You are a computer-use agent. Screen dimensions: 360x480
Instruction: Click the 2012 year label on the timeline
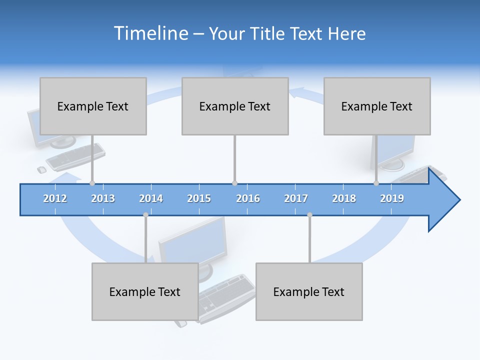click(x=55, y=199)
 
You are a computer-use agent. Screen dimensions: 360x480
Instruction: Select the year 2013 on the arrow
click(x=103, y=199)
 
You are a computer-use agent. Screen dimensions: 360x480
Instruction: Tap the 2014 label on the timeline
click(x=151, y=199)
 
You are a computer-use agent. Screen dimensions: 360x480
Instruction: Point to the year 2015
click(x=199, y=199)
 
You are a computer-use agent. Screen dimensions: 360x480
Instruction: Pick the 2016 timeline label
click(x=248, y=199)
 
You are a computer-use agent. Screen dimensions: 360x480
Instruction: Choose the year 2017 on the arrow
click(x=296, y=199)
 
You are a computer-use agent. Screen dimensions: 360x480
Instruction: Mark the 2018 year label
click(x=344, y=199)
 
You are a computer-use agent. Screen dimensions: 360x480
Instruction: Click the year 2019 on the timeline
click(x=392, y=199)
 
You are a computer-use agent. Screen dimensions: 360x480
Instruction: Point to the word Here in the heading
click(x=346, y=33)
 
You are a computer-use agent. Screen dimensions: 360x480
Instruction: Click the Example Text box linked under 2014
click(x=145, y=291)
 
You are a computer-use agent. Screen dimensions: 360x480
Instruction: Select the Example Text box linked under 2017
click(x=309, y=291)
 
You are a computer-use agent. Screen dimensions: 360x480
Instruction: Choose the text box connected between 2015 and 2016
click(x=235, y=106)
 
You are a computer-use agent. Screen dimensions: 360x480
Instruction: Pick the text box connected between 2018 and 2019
click(x=377, y=106)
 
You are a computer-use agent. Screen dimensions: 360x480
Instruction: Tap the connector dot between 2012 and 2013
click(x=92, y=183)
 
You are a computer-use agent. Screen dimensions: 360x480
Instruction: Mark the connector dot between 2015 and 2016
click(x=234, y=183)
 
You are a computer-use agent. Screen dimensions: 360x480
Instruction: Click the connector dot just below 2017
click(x=309, y=215)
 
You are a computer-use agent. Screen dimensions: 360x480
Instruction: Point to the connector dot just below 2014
click(x=145, y=215)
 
